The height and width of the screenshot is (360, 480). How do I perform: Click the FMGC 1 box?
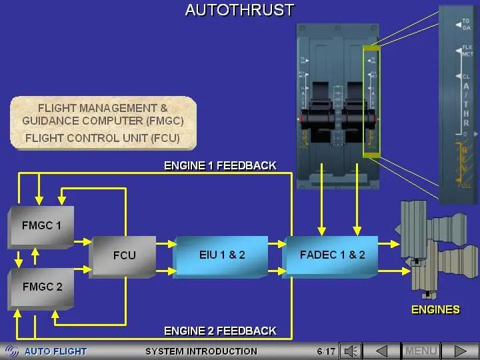(x=41, y=226)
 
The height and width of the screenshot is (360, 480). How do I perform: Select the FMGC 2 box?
(x=41, y=287)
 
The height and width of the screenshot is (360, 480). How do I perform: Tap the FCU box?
(x=124, y=255)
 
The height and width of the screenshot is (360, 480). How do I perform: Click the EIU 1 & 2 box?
(x=222, y=255)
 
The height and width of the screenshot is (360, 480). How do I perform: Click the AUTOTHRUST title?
(x=239, y=10)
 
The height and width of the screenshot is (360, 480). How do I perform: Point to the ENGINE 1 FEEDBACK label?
(x=220, y=165)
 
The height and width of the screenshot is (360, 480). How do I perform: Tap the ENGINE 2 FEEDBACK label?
(x=220, y=331)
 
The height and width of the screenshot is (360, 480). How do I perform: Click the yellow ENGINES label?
(x=435, y=309)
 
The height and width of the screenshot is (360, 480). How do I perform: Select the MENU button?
(x=421, y=351)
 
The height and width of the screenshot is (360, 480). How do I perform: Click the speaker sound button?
(x=351, y=351)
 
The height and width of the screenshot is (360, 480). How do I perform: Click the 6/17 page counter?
(x=326, y=351)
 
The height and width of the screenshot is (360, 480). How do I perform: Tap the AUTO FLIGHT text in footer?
(x=55, y=351)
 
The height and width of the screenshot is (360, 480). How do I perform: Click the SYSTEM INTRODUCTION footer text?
(x=201, y=351)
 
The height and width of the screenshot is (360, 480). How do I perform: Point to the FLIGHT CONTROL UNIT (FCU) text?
(x=102, y=139)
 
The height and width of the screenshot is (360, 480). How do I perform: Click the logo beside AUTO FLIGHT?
(x=12, y=351)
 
